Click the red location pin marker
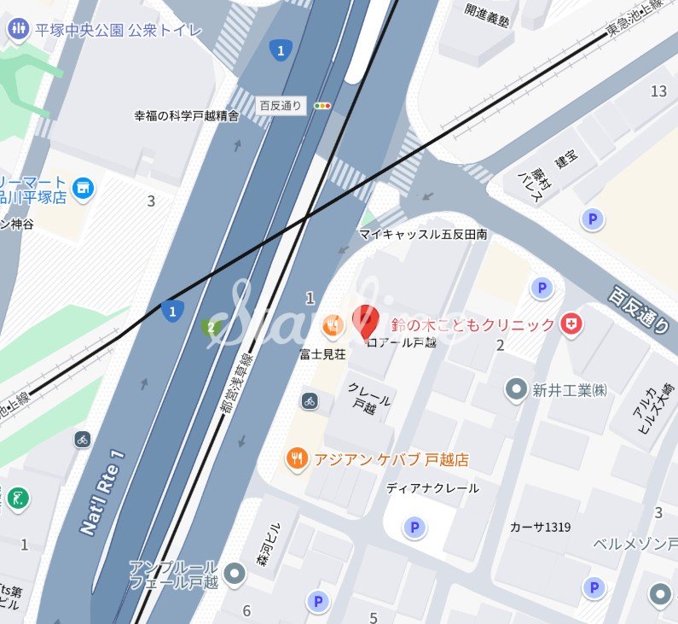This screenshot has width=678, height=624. (x=365, y=322)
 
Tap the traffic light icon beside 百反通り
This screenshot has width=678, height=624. (x=322, y=106)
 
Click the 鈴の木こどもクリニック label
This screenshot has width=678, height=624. (x=472, y=325)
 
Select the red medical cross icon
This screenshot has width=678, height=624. (x=571, y=324)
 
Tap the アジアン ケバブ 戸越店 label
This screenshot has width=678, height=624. (x=391, y=459)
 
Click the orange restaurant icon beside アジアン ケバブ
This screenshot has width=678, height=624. (x=297, y=459)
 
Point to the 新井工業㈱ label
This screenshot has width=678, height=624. (x=569, y=390)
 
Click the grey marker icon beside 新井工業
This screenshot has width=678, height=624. (x=516, y=390)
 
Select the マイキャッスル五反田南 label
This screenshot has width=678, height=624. (x=423, y=234)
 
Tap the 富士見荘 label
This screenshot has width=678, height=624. (x=322, y=353)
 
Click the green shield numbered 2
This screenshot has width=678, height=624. (x=210, y=328)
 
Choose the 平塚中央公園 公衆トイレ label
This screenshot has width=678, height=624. (x=119, y=30)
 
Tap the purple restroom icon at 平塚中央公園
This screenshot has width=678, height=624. (x=17, y=30)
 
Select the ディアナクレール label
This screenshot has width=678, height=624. (x=432, y=488)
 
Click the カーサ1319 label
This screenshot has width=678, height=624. (x=540, y=526)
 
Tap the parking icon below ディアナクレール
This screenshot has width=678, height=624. (x=414, y=528)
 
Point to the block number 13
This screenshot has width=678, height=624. (x=658, y=91)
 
